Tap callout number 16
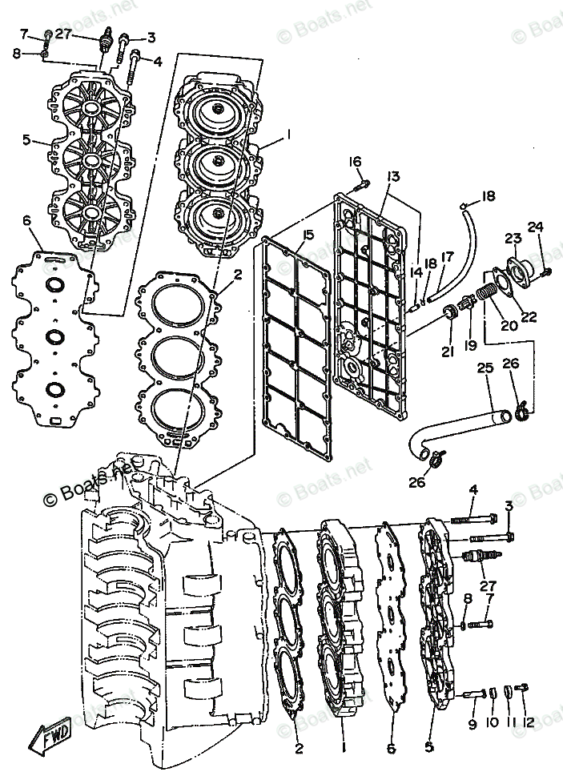[356, 163]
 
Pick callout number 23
[513, 238]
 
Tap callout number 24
[535, 227]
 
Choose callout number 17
[447, 257]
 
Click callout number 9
[473, 724]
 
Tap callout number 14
[415, 273]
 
